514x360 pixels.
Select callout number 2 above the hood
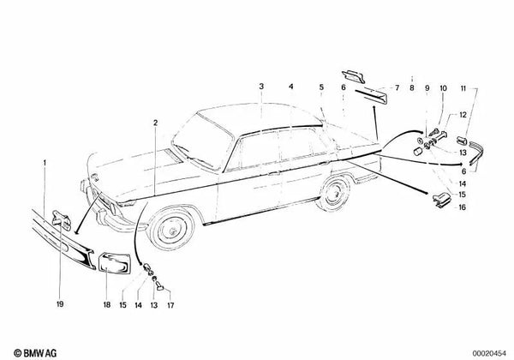tap(156, 123)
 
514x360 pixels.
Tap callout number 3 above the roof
tap(262, 87)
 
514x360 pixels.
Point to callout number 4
tap(290, 87)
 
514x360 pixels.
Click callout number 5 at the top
tap(321, 87)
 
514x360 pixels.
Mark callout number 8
tap(411, 87)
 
